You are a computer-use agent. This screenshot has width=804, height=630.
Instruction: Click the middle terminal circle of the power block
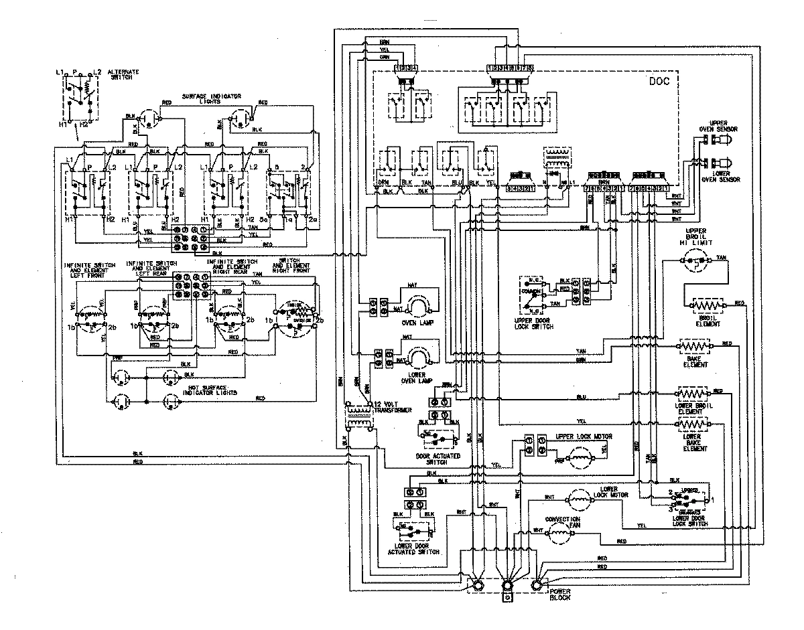507,586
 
